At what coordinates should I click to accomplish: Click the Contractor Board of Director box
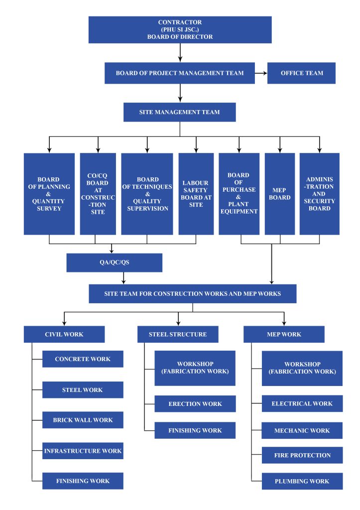pos(180,30)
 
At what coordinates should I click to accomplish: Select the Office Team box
pos(301,73)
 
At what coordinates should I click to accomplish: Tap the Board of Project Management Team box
pos(180,73)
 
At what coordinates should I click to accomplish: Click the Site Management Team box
pos(179,113)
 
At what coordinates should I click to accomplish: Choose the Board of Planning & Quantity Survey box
pos(49,194)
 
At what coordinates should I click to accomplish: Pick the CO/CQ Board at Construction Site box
pos(98,194)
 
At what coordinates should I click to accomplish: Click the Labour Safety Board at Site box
pos(196,194)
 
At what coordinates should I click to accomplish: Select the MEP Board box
pos(280,194)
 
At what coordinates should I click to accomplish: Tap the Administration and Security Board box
pos(319,194)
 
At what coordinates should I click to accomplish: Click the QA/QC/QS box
pos(115,263)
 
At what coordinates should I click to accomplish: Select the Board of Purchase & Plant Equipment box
pos(239,194)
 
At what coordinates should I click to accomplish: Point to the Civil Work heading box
pos(64,334)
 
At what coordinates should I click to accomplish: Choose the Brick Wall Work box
pos(83,420)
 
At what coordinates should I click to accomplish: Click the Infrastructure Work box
pos(83,451)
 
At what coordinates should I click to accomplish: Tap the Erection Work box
pos(195,404)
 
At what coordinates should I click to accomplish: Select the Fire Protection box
pos(302,455)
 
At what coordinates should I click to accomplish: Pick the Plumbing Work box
pos(302,481)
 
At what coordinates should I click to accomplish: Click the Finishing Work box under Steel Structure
pos(195,430)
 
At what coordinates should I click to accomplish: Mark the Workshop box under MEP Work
pos(302,368)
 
